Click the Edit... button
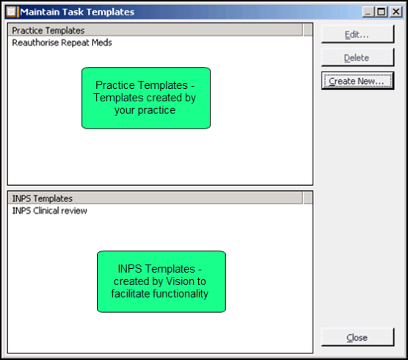pos(358,34)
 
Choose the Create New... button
pos(358,81)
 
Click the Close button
pos(358,337)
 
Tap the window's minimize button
pos(368,12)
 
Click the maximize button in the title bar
pos(382,12)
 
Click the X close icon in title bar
pos(396,12)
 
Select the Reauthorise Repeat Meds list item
pos(62,43)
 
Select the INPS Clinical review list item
pos(49,210)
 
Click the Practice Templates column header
pos(156,30)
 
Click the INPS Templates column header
pos(156,198)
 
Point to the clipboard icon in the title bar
pos(12,12)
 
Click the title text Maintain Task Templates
pos(77,12)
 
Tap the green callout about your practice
pos(146,98)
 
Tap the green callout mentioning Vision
pos(161,281)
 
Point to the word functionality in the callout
pos(180,294)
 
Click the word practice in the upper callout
pos(156,110)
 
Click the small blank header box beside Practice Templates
pos(307,30)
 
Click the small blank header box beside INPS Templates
pos(307,198)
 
